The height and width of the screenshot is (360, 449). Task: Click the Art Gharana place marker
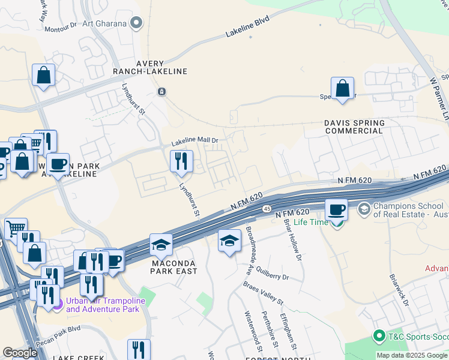(137, 23)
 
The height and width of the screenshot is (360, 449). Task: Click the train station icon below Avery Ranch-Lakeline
(161, 91)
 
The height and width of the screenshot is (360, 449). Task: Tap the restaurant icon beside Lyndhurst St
(181, 161)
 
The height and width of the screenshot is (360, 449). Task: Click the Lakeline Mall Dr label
(194, 142)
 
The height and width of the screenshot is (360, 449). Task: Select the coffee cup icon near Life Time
(336, 210)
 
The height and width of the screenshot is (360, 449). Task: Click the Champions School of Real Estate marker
(364, 209)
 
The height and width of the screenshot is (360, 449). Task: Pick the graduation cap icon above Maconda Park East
(161, 245)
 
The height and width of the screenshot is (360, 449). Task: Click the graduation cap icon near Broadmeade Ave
(229, 241)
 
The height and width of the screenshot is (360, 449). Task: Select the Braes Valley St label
(263, 293)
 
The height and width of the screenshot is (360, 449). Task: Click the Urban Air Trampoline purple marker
(57, 305)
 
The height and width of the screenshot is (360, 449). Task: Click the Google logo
(20, 352)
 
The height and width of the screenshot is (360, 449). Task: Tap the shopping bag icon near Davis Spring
(342, 88)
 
